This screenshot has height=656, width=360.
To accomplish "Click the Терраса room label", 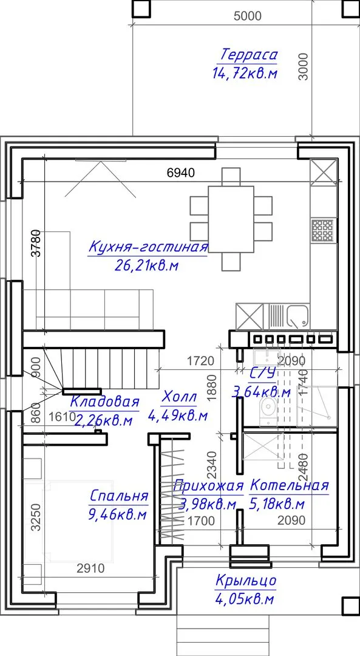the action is point(249,55).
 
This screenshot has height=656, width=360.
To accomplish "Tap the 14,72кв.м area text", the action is point(245,73).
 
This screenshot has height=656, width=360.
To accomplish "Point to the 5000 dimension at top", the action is point(248,16).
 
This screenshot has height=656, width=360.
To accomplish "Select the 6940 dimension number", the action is point(181,173).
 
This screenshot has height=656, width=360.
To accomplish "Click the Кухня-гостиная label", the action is point(148,247).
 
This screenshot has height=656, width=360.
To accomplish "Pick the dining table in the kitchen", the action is point(231,219).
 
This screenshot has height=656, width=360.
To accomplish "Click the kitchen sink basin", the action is point(297,316).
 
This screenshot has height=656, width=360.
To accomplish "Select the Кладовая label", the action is point(104,402).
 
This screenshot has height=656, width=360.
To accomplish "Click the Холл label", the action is point(178,397).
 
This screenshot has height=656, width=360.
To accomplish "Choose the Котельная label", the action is point(290,486).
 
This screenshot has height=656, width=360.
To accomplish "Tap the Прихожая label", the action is point(208,486).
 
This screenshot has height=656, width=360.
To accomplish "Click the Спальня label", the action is point(119,496).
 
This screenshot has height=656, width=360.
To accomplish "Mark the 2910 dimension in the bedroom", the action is point(90,568).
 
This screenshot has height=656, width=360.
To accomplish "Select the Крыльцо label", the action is point(246,581).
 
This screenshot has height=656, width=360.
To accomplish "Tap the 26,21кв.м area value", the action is point(147,265).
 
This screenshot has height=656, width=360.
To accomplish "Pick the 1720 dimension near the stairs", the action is point(200,361).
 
